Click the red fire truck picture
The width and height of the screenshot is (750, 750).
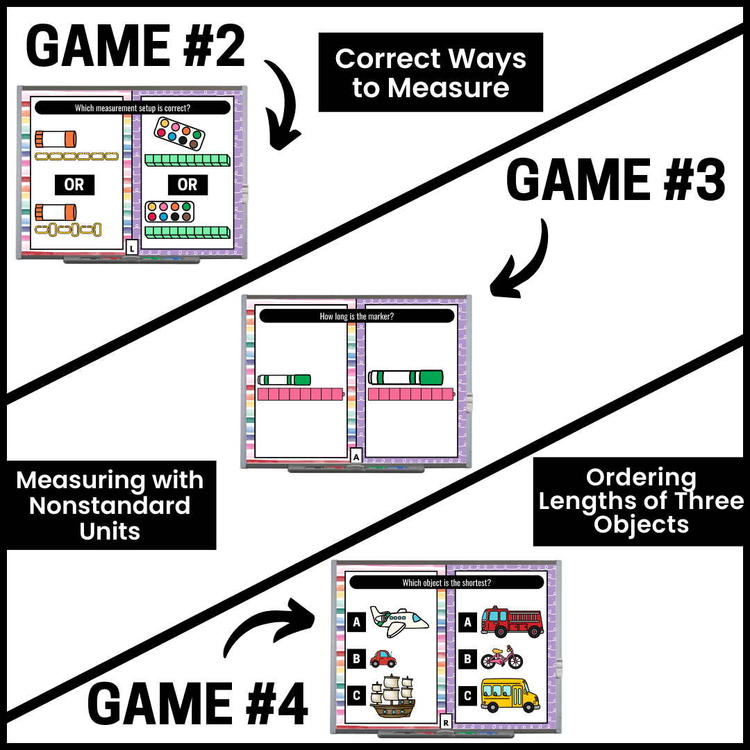(512, 622)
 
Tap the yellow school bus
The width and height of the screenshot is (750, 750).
(510, 695)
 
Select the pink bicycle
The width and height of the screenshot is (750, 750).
(502, 658)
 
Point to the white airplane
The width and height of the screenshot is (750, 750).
(399, 621)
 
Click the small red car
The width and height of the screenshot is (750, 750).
(383, 658)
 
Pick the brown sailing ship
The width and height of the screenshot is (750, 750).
(392, 696)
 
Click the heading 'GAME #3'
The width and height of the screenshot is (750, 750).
(616, 181)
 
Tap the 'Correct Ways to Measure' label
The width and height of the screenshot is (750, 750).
(431, 72)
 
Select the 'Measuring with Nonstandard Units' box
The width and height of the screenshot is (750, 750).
(110, 505)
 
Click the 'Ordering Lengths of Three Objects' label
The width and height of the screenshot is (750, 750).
(640, 501)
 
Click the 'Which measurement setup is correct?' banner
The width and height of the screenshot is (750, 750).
(133, 108)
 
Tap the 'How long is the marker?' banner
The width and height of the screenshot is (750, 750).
(356, 316)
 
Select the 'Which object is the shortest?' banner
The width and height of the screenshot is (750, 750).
(447, 583)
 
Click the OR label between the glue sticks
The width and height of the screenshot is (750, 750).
(74, 185)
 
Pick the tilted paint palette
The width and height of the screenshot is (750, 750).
(179, 133)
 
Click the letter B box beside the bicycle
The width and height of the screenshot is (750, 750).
(468, 659)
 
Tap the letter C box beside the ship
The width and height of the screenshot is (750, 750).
(356, 695)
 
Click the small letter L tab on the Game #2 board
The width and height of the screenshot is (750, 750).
(132, 248)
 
